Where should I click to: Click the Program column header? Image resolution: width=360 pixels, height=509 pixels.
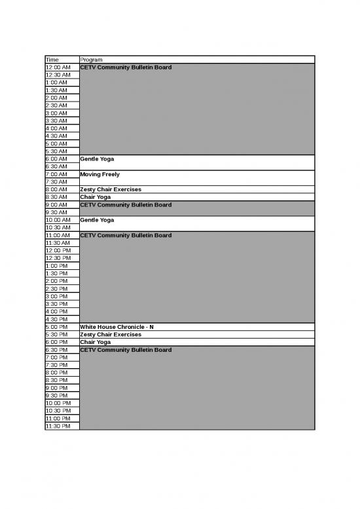point(91,60)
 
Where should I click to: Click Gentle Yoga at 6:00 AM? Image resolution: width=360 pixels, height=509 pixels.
point(97,159)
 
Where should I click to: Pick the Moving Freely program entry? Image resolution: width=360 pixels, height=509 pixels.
point(99,174)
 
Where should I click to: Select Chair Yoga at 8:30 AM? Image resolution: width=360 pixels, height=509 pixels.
point(96,197)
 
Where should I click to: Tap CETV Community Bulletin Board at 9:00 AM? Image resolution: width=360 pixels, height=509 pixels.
point(126,205)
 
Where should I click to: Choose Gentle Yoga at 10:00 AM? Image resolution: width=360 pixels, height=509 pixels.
point(97,220)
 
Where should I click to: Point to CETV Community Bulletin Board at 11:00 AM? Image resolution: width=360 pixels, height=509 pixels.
point(126,235)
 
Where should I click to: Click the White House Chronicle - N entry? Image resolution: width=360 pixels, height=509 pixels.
point(117,327)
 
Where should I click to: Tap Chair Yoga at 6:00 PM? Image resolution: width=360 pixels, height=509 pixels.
point(96,342)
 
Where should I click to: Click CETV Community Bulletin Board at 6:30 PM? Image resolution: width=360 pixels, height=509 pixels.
point(126,350)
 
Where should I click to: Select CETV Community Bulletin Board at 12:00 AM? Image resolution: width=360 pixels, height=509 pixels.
point(126,67)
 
